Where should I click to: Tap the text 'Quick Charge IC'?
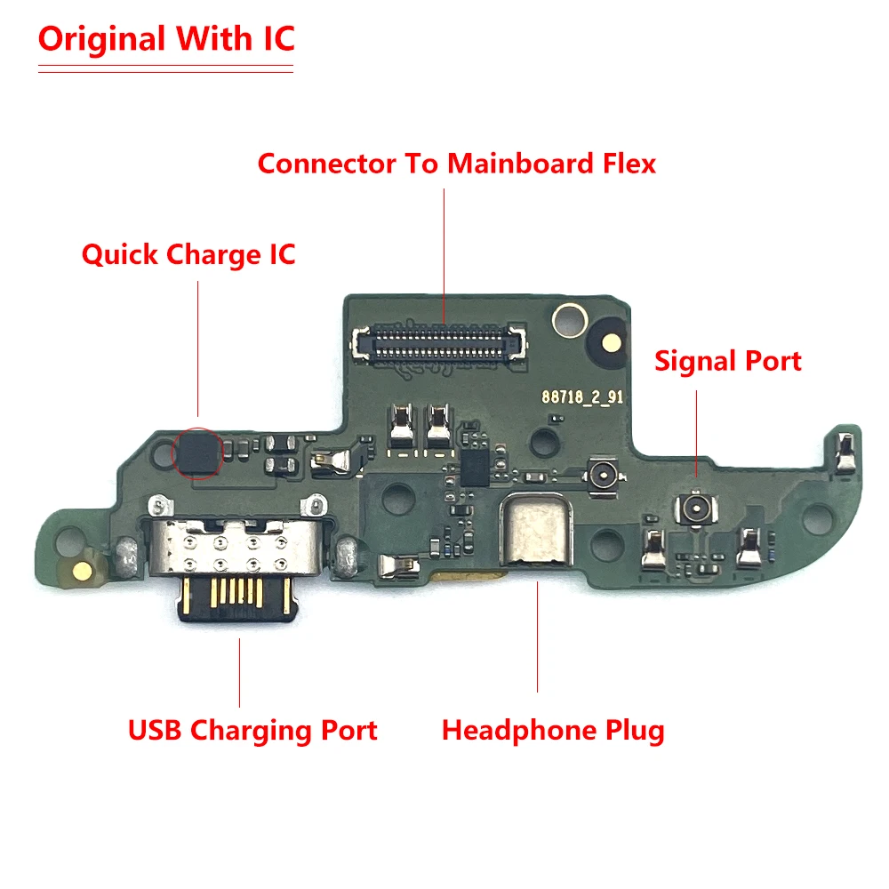pos(188,255)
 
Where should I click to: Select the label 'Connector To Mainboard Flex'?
pos(457,164)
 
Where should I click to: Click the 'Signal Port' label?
pos(728,361)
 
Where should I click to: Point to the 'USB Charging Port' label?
pos(253,731)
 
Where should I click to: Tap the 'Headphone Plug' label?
pos(553,731)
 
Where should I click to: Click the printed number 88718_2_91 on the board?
pos(583,397)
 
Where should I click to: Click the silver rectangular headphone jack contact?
pos(537,533)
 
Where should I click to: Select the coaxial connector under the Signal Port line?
pos(694,509)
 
